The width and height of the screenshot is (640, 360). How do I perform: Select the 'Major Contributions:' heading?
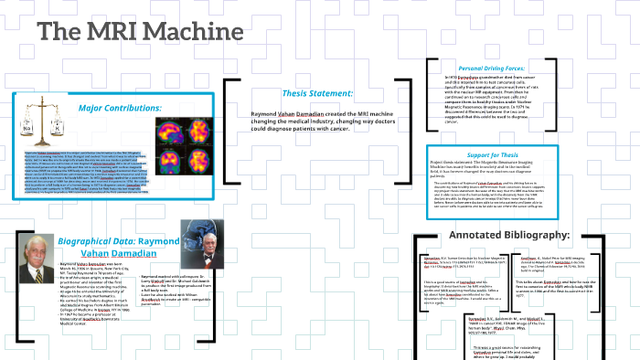(x=119, y=108)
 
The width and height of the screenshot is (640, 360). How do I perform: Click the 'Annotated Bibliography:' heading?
(x=510, y=236)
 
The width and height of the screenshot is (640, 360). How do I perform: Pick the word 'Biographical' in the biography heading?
(x=89, y=240)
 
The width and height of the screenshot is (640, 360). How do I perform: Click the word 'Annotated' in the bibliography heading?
(x=477, y=236)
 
